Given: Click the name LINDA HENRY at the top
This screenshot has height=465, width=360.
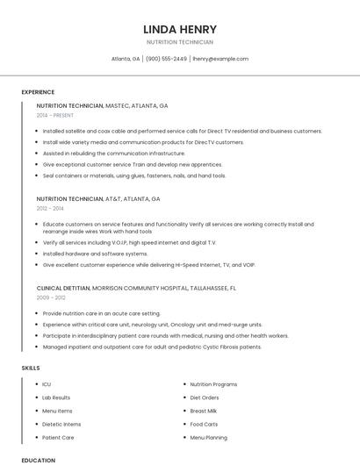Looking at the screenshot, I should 179,29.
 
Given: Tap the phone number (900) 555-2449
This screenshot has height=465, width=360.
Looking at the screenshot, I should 166,59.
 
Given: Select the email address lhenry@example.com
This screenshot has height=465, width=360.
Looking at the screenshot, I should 220,59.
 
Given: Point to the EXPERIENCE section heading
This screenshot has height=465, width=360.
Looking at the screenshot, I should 38,92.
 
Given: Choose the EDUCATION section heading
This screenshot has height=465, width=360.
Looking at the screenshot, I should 38,460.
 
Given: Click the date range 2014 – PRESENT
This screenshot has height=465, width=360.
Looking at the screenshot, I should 56,115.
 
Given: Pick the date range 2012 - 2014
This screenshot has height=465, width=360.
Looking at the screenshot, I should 50,209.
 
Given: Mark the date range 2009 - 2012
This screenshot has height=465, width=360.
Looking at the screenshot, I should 51,297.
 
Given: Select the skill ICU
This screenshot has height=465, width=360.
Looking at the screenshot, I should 47,384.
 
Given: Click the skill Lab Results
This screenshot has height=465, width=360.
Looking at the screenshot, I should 56,397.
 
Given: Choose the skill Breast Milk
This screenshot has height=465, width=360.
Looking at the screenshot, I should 204,411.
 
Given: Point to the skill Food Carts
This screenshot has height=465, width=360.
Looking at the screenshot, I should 204,424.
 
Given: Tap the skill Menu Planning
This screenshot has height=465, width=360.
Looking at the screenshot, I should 208,437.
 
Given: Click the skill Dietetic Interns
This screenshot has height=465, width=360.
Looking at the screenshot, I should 61,424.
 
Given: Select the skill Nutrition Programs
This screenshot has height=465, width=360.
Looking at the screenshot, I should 213,384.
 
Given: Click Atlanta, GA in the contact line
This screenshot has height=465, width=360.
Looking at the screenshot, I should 126,59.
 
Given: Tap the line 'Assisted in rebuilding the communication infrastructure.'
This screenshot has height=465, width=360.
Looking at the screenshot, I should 113,153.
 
